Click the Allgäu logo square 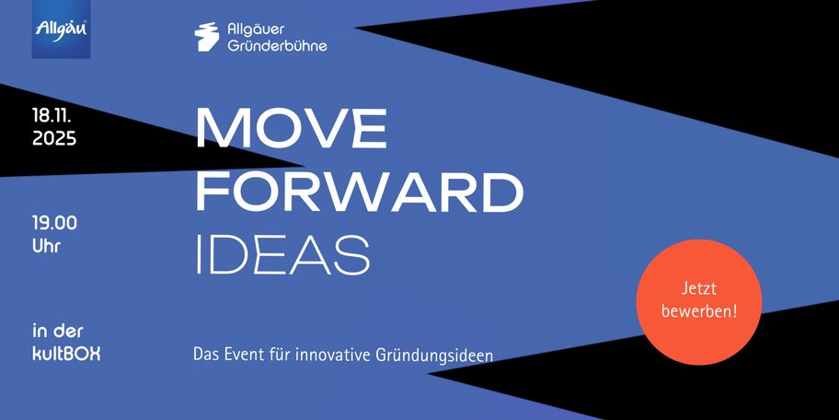(61, 29)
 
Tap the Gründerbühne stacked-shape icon (207, 37)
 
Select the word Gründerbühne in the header (277, 45)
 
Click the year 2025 (54, 139)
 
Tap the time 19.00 (54, 223)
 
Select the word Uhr (47, 247)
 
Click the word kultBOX (66, 354)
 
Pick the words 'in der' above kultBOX (58, 331)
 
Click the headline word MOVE (292, 129)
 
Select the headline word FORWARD (360, 192)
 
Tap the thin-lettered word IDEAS (283, 254)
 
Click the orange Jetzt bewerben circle (699, 302)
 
